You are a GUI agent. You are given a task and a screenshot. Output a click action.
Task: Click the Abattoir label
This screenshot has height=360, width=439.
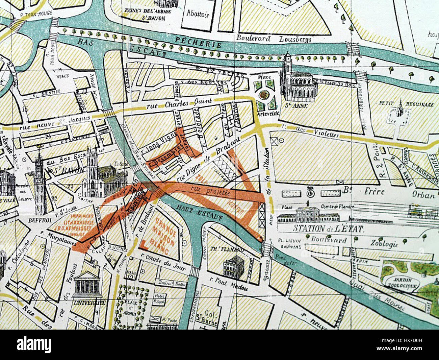(198, 14)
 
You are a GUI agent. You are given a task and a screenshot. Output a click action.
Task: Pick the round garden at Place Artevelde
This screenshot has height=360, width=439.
(264, 94)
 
